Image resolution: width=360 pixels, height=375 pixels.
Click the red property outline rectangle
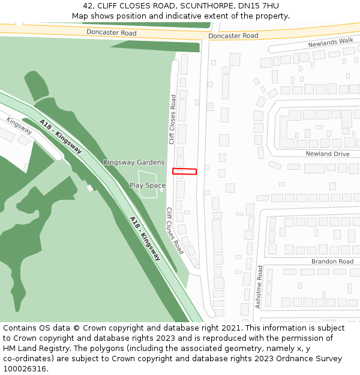(185, 172)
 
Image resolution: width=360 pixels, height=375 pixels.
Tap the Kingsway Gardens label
(134, 163)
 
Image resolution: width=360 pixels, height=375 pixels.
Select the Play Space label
(148, 185)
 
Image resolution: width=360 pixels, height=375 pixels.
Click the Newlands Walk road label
(331, 42)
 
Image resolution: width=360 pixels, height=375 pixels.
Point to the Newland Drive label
(327, 154)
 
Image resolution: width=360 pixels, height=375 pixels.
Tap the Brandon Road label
(332, 262)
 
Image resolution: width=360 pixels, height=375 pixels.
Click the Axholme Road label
(259, 287)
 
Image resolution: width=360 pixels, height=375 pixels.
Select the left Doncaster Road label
(111, 32)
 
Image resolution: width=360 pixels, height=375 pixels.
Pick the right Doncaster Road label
(233, 36)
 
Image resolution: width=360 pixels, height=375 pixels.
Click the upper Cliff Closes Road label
(172, 119)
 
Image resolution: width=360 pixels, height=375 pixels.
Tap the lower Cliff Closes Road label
(175, 230)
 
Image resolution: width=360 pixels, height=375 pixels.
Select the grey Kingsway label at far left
(19, 125)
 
